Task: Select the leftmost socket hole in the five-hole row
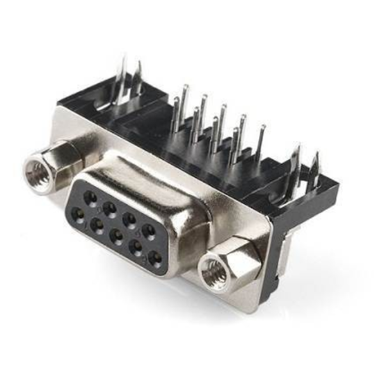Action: tap(78, 214)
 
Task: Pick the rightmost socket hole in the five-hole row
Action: tap(154, 259)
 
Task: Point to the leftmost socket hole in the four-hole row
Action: tap(90, 196)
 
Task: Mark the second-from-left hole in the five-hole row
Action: tap(97, 225)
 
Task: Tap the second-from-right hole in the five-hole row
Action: tap(136, 247)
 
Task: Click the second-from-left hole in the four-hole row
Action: tap(109, 207)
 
